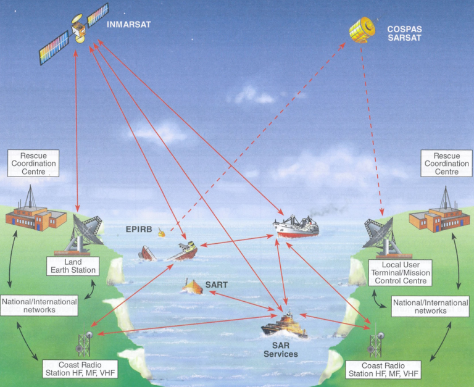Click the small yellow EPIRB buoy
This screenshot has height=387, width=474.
[x=162, y=233]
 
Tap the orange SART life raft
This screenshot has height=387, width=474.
[x=194, y=286]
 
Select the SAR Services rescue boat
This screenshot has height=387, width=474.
[x=285, y=324]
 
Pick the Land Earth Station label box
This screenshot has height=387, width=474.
[x=72, y=266]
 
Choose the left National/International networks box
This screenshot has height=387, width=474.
[x=39, y=306]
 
